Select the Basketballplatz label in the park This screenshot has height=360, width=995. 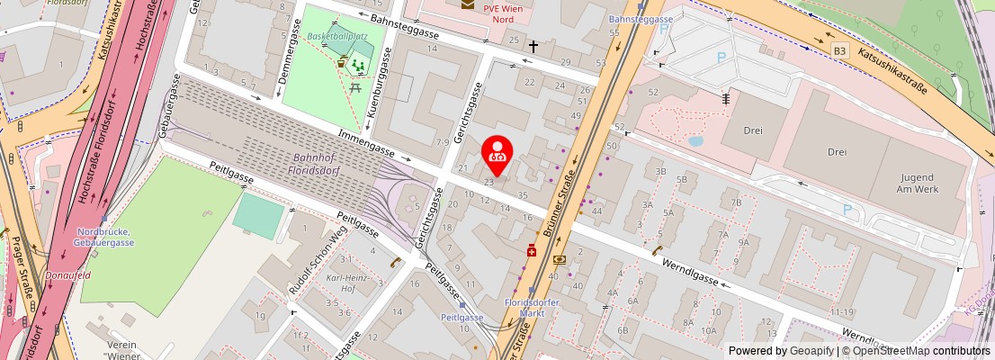click(x=338, y=37)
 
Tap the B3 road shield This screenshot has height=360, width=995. click(x=839, y=49)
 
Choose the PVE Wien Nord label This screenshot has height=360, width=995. click(x=503, y=12)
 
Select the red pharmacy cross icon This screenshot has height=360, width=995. click(x=533, y=253)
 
